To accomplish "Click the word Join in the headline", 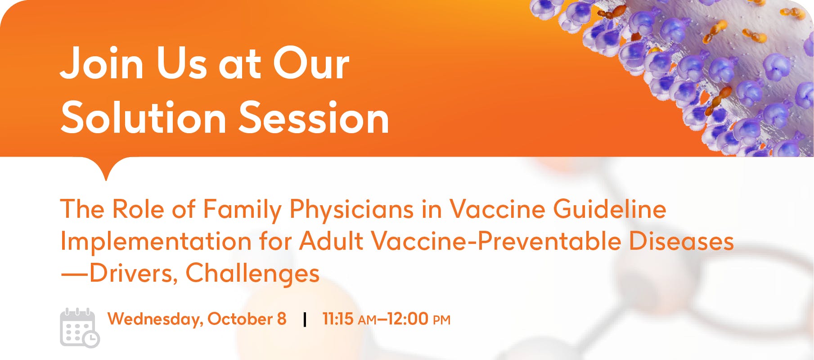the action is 102,63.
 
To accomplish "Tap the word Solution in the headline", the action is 144,118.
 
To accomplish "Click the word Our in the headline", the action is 311,63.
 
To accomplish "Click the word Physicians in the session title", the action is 351,210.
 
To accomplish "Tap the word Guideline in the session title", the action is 610,209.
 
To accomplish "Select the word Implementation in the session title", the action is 156,242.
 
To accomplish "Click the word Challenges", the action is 252,274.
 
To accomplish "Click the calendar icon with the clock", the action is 80,328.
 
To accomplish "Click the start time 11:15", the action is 338,319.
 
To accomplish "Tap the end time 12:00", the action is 408,319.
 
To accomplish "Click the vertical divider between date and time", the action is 305,319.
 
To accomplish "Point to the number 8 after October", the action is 282,319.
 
